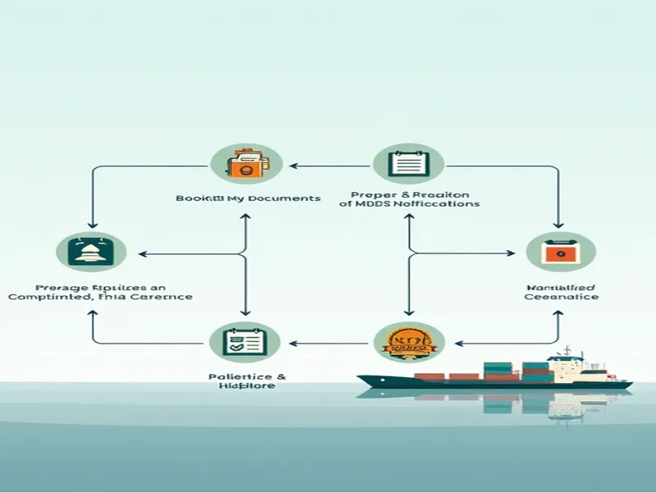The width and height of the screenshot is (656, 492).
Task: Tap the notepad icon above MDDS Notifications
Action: coord(408,162)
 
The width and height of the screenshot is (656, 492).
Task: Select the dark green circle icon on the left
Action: coord(91,252)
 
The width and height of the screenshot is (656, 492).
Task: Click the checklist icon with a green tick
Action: coord(245,342)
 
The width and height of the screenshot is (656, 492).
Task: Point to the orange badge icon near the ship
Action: coord(408,342)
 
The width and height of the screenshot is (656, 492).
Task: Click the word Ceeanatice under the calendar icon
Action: coord(561,296)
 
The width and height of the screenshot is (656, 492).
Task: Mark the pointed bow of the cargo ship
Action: coord(362,378)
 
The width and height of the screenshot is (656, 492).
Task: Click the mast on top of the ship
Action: coord(565,351)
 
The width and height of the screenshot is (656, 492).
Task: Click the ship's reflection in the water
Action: coord(525,402)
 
